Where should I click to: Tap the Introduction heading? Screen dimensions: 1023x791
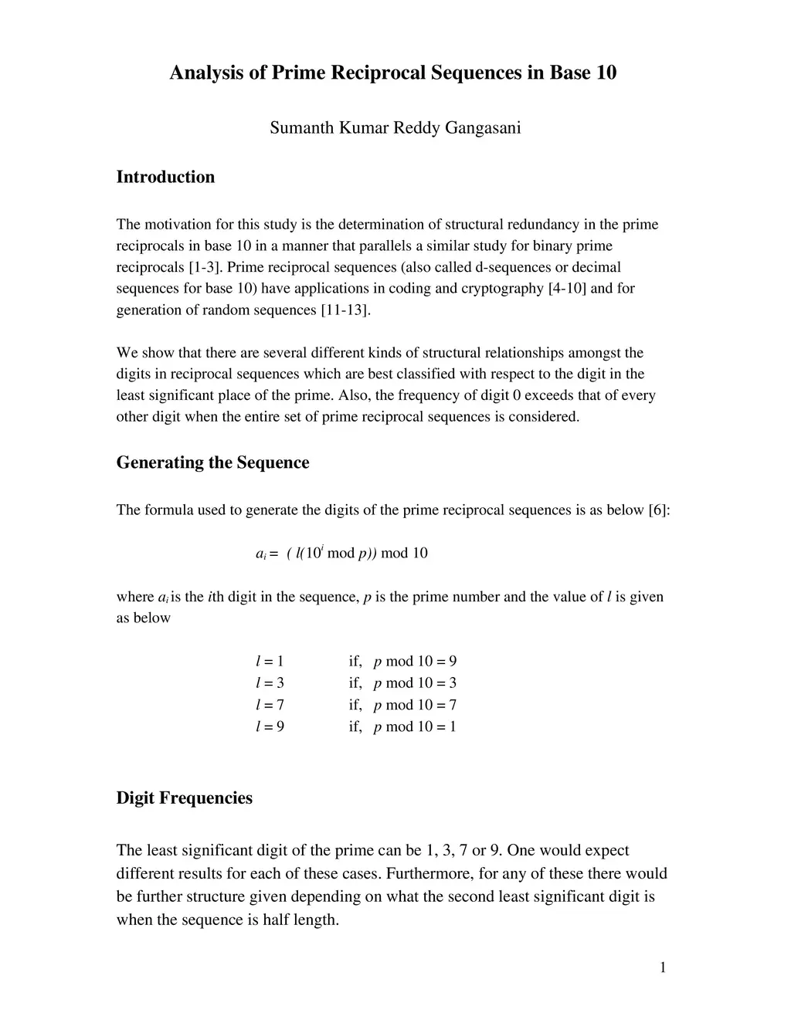[165, 177]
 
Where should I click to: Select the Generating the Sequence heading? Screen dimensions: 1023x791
[212, 462]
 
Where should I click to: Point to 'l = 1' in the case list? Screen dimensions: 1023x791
[270, 662]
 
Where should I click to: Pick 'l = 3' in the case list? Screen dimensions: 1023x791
[270, 683]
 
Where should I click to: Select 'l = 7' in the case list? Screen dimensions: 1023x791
[270, 705]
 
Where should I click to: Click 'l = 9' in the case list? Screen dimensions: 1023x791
[270, 727]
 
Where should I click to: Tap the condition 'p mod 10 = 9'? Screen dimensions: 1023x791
[415, 662]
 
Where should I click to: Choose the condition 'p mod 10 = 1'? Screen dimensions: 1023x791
[415, 727]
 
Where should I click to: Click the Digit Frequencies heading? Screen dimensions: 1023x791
[184, 798]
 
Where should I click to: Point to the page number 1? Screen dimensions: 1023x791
[663, 968]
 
